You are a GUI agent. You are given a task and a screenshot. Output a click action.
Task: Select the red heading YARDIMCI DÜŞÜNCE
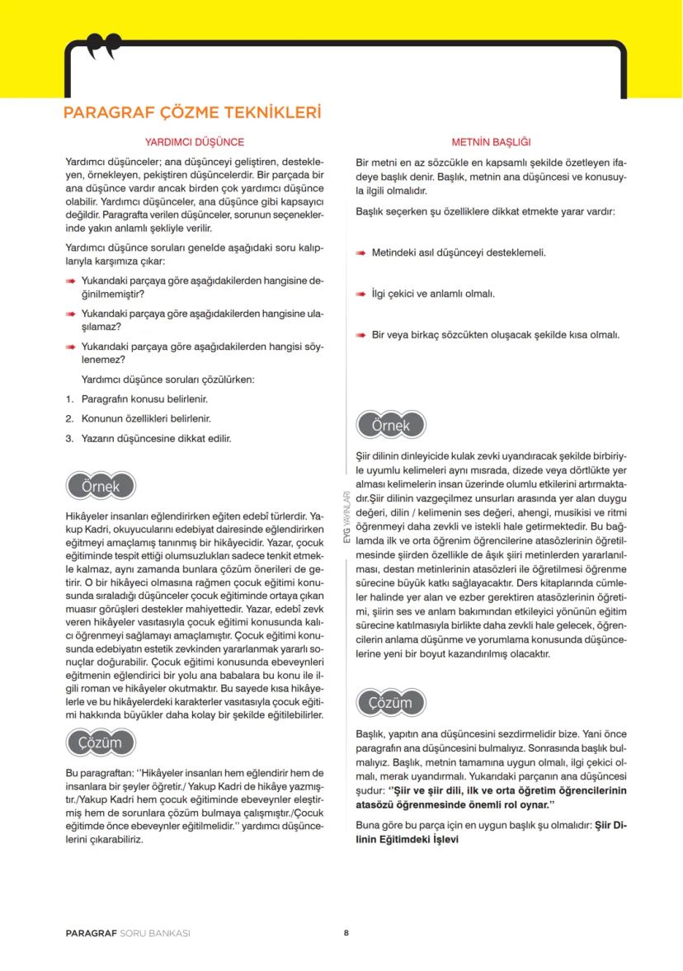coord(194,142)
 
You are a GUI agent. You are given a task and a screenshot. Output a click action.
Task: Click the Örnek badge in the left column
coord(100,486)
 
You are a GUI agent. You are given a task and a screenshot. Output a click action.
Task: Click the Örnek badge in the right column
coord(392,426)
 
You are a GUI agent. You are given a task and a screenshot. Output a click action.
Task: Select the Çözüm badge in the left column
coord(100,742)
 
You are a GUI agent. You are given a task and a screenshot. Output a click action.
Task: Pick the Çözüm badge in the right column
coord(392,702)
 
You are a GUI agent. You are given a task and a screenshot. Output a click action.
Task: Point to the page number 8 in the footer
coord(346,934)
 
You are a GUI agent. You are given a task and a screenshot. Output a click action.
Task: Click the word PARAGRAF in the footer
coord(92,934)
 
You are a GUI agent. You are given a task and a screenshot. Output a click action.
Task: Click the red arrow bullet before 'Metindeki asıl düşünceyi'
coord(361,252)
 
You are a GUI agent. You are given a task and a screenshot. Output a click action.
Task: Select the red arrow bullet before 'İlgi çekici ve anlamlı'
coord(361,294)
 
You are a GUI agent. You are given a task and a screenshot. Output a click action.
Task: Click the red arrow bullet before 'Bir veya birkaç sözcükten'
coord(361,335)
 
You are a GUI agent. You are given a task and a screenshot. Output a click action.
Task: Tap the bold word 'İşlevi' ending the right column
coord(439,840)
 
